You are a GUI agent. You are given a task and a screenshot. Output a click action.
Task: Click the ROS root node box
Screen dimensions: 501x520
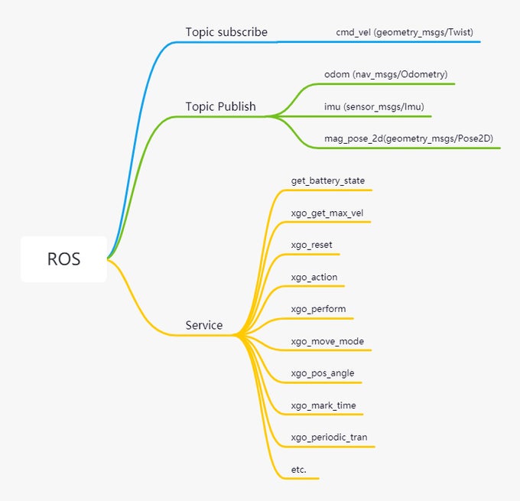coord(63,259)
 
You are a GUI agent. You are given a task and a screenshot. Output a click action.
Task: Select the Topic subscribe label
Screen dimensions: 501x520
coord(226,32)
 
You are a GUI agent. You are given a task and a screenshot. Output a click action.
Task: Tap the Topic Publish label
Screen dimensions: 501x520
coord(220,106)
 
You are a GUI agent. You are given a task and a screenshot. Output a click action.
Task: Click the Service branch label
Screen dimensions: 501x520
coord(204,325)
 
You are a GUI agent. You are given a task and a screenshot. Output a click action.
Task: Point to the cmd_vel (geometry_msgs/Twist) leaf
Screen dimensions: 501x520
coord(405,32)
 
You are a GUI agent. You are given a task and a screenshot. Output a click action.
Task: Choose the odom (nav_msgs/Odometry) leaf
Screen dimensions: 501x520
coord(385,74)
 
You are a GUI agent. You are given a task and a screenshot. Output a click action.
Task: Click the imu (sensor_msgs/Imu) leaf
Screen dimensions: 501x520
coord(374,106)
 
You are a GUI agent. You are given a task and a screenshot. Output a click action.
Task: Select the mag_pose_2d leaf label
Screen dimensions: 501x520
coord(408,138)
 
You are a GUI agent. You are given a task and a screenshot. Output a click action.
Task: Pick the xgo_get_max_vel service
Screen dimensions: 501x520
coord(327,213)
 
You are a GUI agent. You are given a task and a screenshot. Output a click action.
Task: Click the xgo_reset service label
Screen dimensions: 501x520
coord(311,245)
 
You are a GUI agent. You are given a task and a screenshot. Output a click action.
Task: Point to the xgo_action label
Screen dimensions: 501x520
coord(314,277)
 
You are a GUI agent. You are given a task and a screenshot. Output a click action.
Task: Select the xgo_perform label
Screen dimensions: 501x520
coord(318,309)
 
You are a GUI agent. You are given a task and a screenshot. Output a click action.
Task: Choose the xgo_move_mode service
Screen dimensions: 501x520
coord(327,341)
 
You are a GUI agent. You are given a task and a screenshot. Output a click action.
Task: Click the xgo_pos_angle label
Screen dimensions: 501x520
coord(323,373)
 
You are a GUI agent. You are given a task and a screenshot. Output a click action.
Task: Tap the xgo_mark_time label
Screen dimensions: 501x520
coord(323,405)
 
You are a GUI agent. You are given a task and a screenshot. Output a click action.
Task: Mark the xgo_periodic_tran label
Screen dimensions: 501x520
coord(329,438)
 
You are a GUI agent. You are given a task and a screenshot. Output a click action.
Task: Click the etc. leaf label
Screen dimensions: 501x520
coord(299,470)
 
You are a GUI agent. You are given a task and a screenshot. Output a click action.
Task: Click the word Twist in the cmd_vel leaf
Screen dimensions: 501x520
coord(460,32)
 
